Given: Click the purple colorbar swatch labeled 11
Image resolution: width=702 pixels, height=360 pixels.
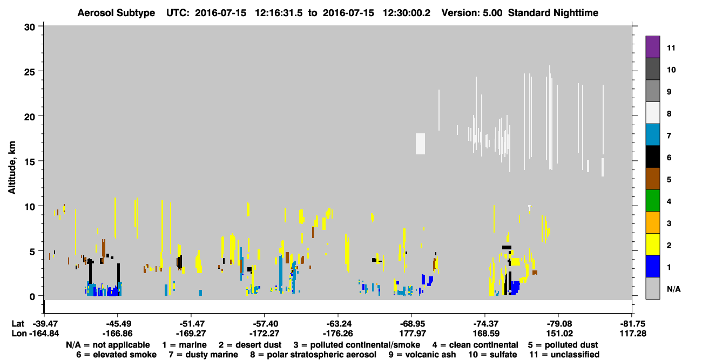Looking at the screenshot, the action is (x=652, y=46).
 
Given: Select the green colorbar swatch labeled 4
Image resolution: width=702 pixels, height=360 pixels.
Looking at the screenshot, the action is (x=652, y=201).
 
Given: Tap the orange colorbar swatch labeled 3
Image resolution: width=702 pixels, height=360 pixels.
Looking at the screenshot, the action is (x=652, y=222).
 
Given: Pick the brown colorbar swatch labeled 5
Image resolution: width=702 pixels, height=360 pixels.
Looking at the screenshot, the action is (x=652, y=179).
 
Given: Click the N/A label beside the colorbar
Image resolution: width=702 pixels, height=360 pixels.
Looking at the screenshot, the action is (x=673, y=289).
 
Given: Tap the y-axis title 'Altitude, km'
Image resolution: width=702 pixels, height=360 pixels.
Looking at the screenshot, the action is (x=11, y=168).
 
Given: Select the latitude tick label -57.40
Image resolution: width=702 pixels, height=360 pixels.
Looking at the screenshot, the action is (x=264, y=324).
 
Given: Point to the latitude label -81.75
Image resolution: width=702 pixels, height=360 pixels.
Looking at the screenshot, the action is (x=632, y=324).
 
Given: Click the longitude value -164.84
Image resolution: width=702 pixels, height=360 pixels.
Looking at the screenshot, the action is (x=44, y=334).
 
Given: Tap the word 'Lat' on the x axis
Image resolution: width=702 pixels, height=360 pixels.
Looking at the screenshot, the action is (x=18, y=324).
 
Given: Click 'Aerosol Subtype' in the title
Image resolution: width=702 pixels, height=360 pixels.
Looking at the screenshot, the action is (x=116, y=13).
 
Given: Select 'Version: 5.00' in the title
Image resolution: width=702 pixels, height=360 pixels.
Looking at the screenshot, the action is (x=472, y=13).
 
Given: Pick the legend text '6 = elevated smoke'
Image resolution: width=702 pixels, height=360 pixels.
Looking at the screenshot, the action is (x=116, y=355).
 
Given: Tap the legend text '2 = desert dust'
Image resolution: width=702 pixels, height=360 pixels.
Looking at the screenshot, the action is (x=250, y=345).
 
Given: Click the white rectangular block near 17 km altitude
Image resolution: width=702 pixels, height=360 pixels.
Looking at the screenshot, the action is (x=420, y=144).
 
